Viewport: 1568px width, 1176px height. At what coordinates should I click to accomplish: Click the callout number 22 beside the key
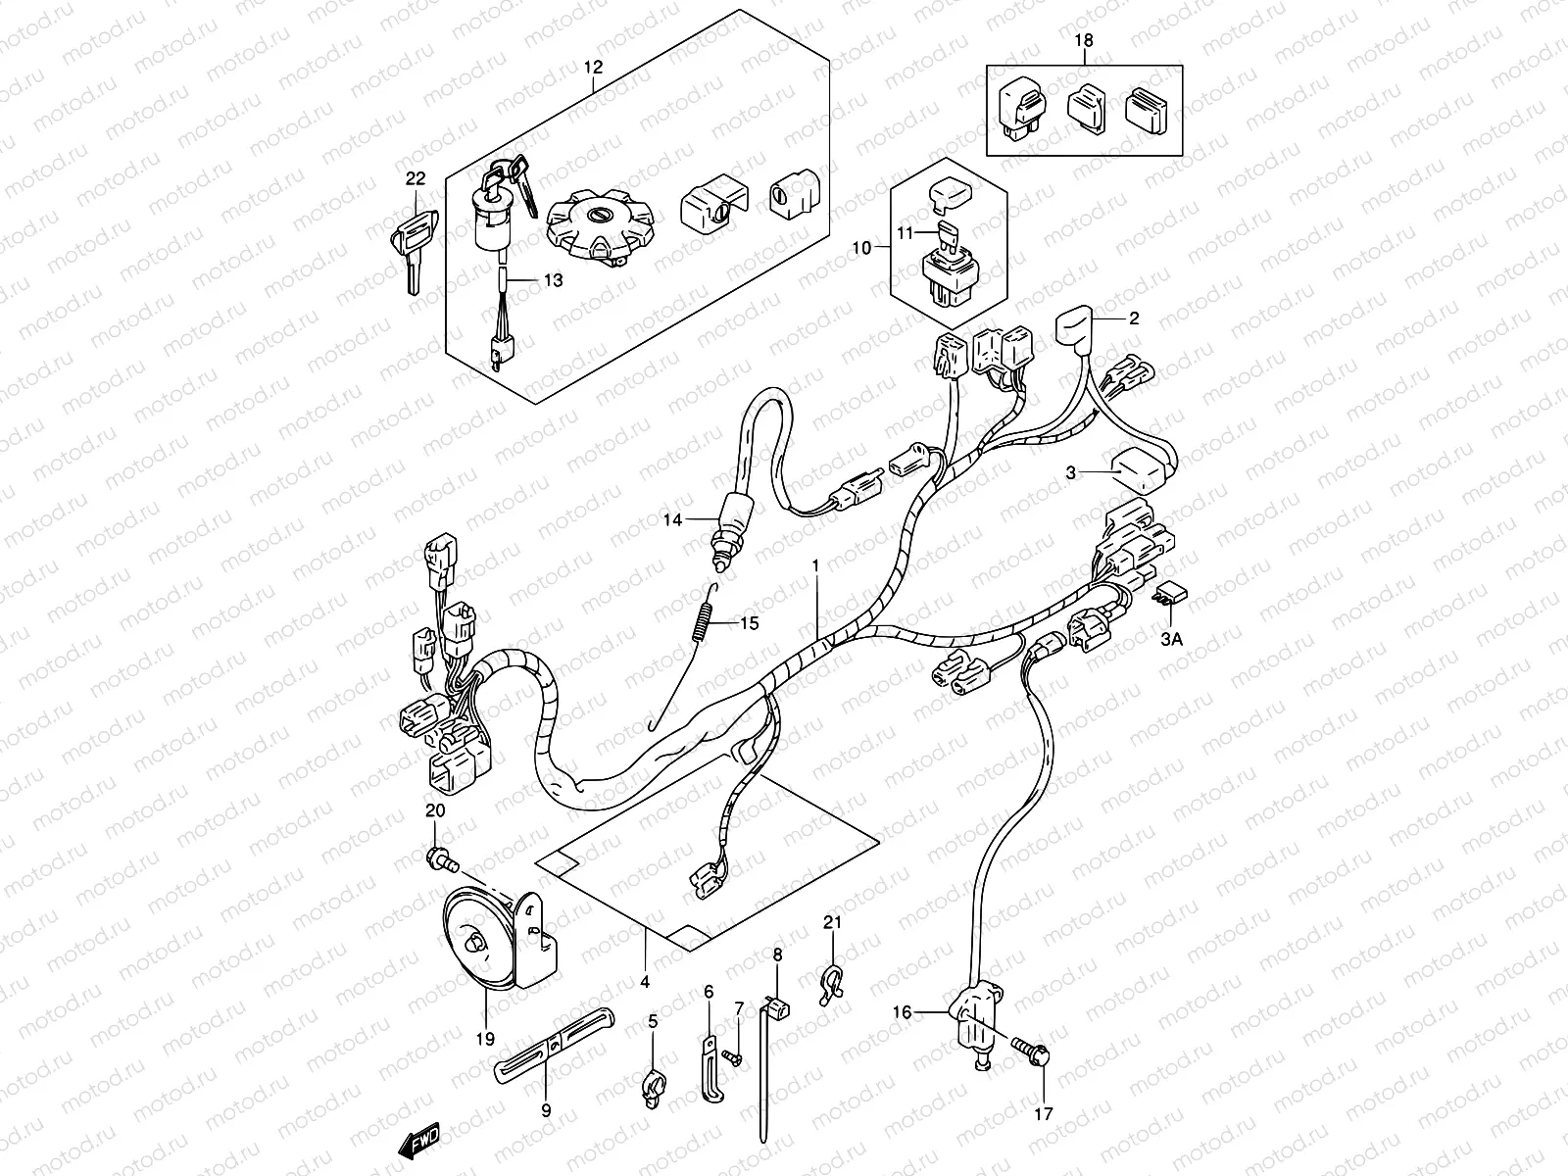pyautogui.click(x=416, y=177)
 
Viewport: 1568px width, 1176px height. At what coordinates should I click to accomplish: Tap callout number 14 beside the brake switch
pyautogui.click(x=671, y=520)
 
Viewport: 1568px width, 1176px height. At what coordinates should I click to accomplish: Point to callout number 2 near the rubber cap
pyautogui.click(x=1133, y=318)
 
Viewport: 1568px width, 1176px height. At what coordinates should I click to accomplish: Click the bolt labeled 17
pyautogui.click(x=1038, y=1055)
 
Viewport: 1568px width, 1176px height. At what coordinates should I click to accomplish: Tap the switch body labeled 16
pyautogui.click(x=974, y=1019)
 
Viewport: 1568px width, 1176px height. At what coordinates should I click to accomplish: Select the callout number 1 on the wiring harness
pyautogui.click(x=814, y=566)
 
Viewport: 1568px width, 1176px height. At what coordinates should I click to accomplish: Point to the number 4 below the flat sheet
pyautogui.click(x=644, y=980)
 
